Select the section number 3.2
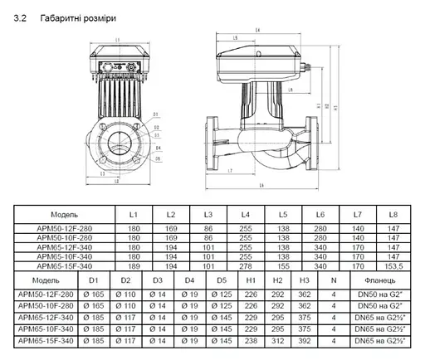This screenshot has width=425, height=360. [22, 17]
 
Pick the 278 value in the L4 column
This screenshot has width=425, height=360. [246, 268]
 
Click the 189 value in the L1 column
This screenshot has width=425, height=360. [134, 268]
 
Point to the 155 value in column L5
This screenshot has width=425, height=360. [283, 268]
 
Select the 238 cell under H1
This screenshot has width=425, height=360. [251, 339]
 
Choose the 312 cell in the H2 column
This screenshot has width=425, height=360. [278, 339]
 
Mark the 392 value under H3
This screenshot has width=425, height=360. [305, 339]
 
